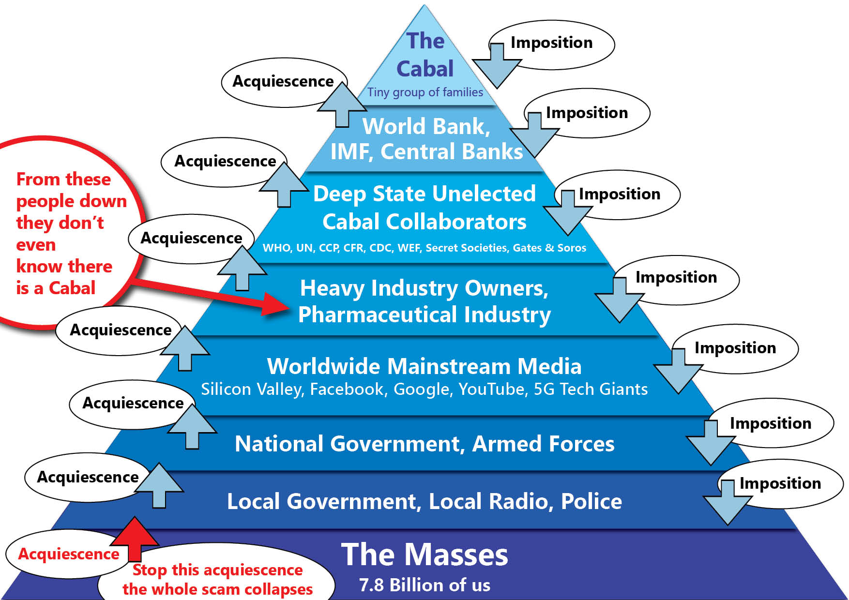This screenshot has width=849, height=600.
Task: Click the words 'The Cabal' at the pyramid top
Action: coord(425,55)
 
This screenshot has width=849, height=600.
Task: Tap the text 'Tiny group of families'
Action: coord(425,92)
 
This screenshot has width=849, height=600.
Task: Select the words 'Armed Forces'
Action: coord(543,444)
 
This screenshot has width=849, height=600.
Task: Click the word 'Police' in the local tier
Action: coord(591,501)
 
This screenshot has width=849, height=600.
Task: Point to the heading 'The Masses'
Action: coord(424,554)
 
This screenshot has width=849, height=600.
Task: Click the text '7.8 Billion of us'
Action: coord(424,585)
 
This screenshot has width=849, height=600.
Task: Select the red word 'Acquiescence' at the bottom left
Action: coord(69,554)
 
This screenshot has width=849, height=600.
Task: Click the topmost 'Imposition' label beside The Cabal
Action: coord(551,43)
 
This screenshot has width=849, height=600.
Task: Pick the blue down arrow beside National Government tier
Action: coord(711,441)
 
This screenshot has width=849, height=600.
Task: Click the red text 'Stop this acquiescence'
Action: coord(217,570)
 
